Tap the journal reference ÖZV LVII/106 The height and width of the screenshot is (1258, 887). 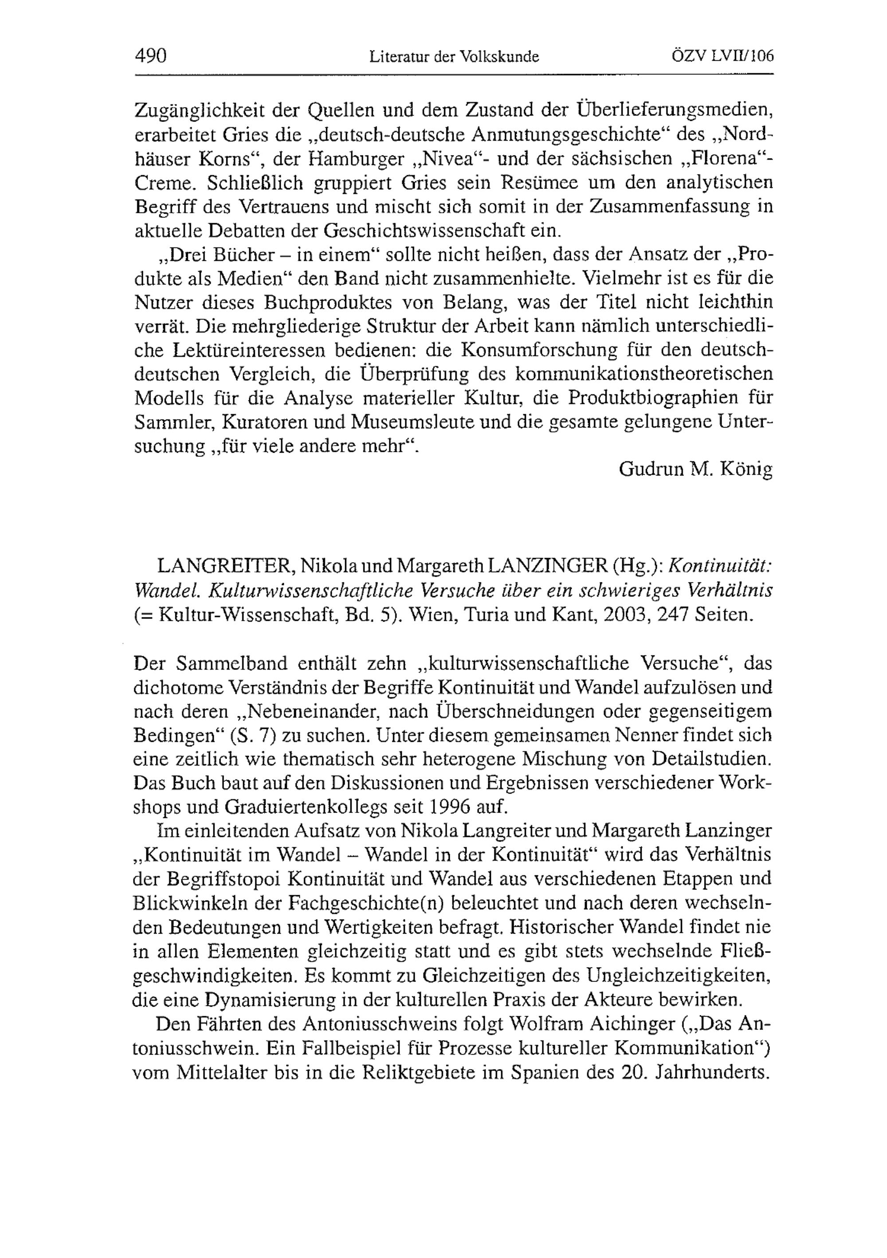722,56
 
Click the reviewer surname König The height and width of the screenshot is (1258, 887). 747,469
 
